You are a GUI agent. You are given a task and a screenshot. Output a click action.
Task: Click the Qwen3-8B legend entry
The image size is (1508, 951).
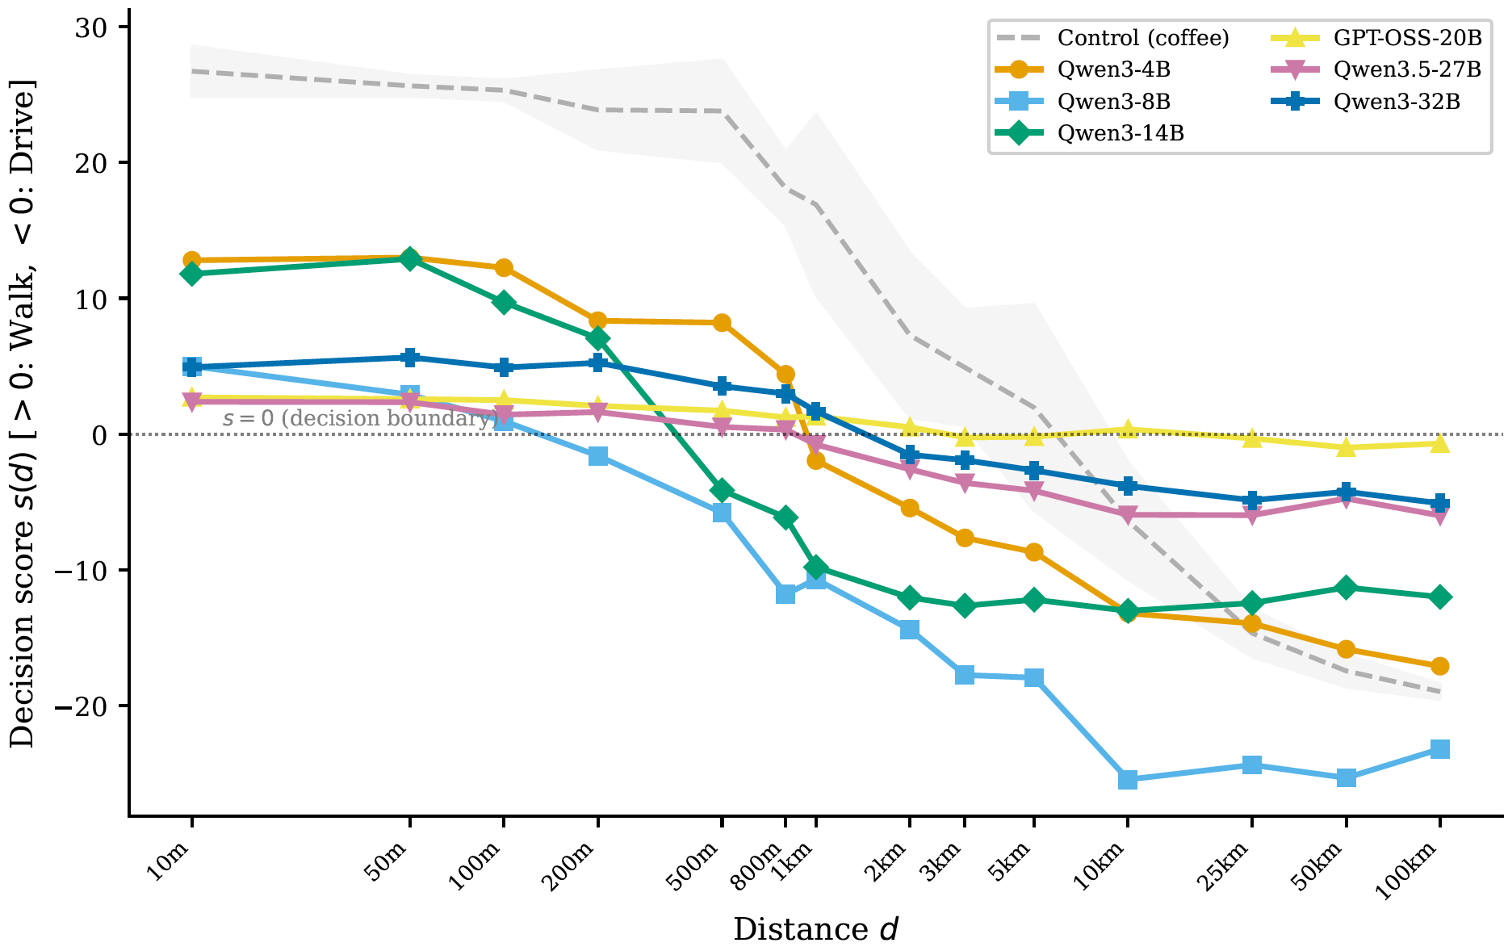click(1113, 102)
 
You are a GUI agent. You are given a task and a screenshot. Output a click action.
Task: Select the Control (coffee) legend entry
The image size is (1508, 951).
click(1143, 38)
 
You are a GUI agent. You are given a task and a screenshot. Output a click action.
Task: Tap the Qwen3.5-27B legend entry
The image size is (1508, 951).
click(1407, 70)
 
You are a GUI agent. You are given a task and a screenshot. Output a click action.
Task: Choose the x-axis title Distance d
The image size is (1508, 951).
click(815, 930)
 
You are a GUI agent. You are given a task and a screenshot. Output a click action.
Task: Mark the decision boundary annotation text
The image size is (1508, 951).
click(358, 418)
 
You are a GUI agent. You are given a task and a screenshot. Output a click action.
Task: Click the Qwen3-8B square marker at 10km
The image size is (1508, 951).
click(1128, 780)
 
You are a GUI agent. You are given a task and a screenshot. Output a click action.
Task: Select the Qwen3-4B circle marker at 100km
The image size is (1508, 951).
click(1439, 666)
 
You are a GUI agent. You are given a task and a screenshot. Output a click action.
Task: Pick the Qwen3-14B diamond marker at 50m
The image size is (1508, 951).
click(410, 259)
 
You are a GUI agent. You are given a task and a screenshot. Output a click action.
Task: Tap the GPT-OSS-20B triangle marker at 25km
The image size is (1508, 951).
click(1252, 438)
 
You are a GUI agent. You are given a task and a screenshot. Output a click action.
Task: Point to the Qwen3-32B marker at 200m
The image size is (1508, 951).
click(598, 362)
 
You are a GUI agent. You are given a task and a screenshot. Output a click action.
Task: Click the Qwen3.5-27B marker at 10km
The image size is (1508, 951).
click(1128, 514)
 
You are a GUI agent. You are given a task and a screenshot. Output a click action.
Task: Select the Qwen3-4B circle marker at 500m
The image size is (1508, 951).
click(722, 323)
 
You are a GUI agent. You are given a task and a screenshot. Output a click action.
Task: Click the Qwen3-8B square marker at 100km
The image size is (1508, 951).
click(1439, 749)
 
